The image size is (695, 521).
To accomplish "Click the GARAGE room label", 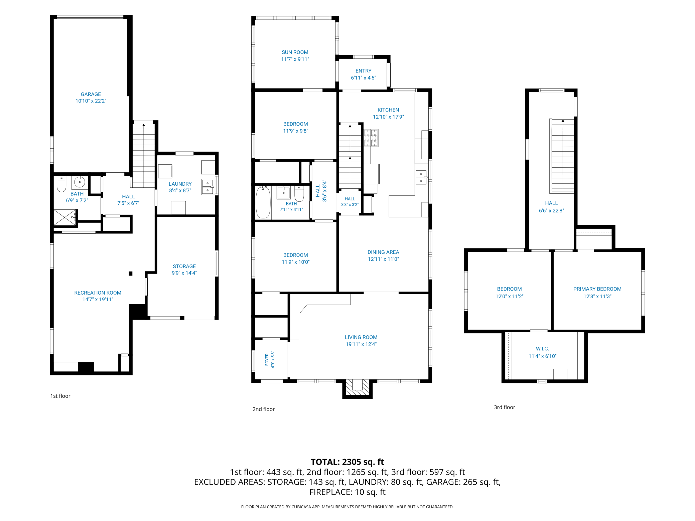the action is click(x=91, y=94).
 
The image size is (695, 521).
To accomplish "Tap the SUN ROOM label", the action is click(x=295, y=52).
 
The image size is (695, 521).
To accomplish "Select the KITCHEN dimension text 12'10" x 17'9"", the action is click(x=388, y=117).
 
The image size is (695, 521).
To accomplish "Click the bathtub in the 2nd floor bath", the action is click(x=263, y=202).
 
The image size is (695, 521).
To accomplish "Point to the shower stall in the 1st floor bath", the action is click(x=65, y=217).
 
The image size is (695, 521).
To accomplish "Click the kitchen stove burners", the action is click(x=371, y=138).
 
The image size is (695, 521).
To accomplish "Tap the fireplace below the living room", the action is click(x=357, y=388).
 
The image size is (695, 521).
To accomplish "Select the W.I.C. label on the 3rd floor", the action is click(x=543, y=349).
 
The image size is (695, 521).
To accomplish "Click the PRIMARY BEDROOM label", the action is click(x=597, y=289).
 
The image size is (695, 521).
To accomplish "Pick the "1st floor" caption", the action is click(x=60, y=396).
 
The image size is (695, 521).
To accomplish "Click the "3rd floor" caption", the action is click(x=505, y=407).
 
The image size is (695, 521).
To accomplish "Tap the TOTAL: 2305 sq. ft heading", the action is click(x=347, y=462).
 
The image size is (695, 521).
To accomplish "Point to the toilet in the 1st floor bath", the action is click(x=61, y=184).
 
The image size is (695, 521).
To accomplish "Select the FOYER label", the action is click(x=267, y=360).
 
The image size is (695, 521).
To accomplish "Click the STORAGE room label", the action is click(x=184, y=266).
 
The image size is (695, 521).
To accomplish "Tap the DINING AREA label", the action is click(x=383, y=252).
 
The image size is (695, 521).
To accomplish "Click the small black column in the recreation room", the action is click(x=131, y=274).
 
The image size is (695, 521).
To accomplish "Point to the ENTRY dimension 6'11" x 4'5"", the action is click(x=364, y=78).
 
